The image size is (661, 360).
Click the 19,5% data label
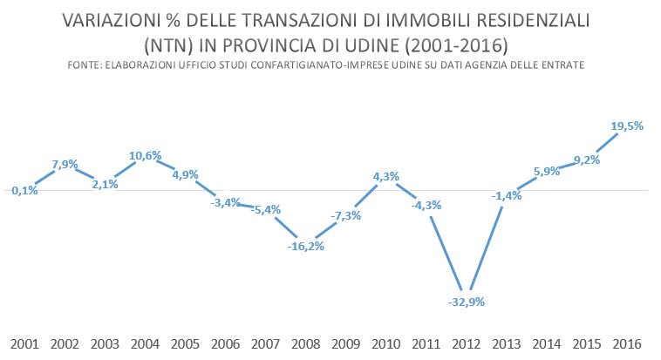click(627, 126)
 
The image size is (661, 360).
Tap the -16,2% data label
click(305, 247)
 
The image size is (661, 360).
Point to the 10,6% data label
click(145, 156)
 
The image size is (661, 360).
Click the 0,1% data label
click(24, 191)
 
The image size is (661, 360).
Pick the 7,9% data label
click(65, 164)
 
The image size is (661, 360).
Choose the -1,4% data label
click(506, 196)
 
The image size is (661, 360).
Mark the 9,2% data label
click(586, 160)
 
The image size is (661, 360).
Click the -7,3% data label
click(345, 215)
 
